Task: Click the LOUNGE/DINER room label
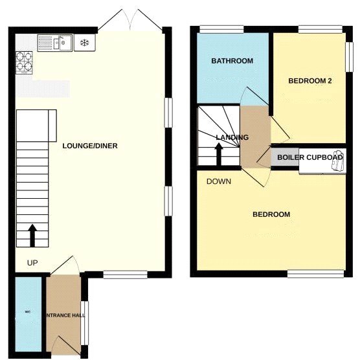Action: [89, 146]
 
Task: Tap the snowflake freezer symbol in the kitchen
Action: [84, 43]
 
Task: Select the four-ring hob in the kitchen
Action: [25, 60]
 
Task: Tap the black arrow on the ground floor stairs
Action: [32, 235]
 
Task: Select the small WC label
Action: [28, 311]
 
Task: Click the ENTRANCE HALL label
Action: [64, 315]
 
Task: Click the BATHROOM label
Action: [232, 61]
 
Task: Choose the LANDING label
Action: [232, 137]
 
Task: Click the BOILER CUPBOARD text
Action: [309, 157]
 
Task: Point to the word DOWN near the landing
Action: [219, 181]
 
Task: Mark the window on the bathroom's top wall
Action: [221, 28]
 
